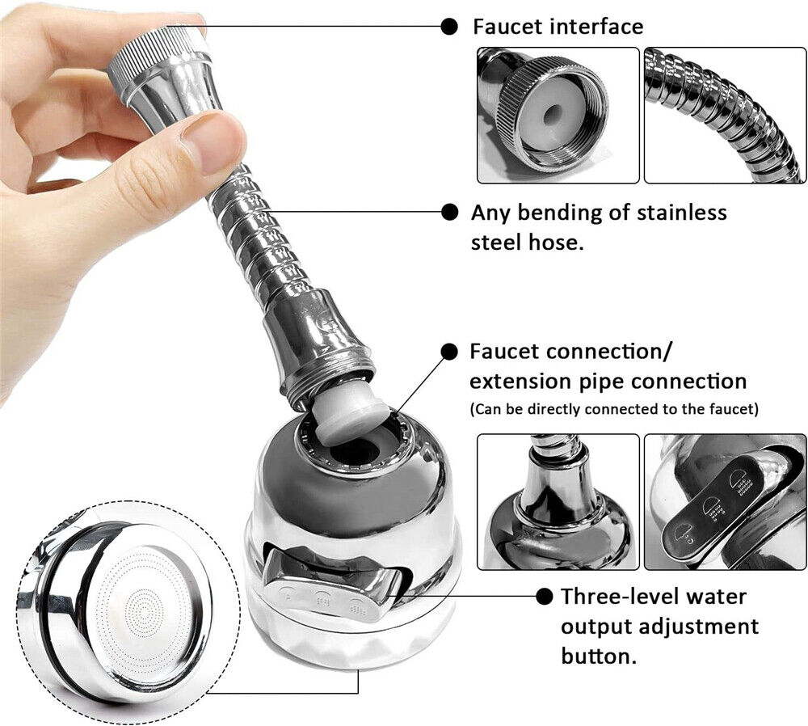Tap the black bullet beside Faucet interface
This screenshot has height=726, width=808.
pyautogui.click(x=449, y=26)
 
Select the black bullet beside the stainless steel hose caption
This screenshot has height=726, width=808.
pyautogui.click(x=449, y=213)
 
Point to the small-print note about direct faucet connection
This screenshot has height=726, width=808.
pyautogui.click(x=614, y=409)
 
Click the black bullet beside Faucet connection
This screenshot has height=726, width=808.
pyautogui.click(x=449, y=352)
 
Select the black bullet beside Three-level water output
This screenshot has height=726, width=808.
pyautogui.click(x=545, y=597)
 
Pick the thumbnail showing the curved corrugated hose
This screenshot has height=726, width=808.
pyautogui.click(x=725, y=115)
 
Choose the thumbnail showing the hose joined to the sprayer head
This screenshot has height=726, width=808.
pyautogui.click(x=558, y=502)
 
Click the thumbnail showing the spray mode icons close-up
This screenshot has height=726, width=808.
pyautogui.click(x=725, y=502)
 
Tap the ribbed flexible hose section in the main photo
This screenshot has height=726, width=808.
pyautogui.click(x=259, y=243)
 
